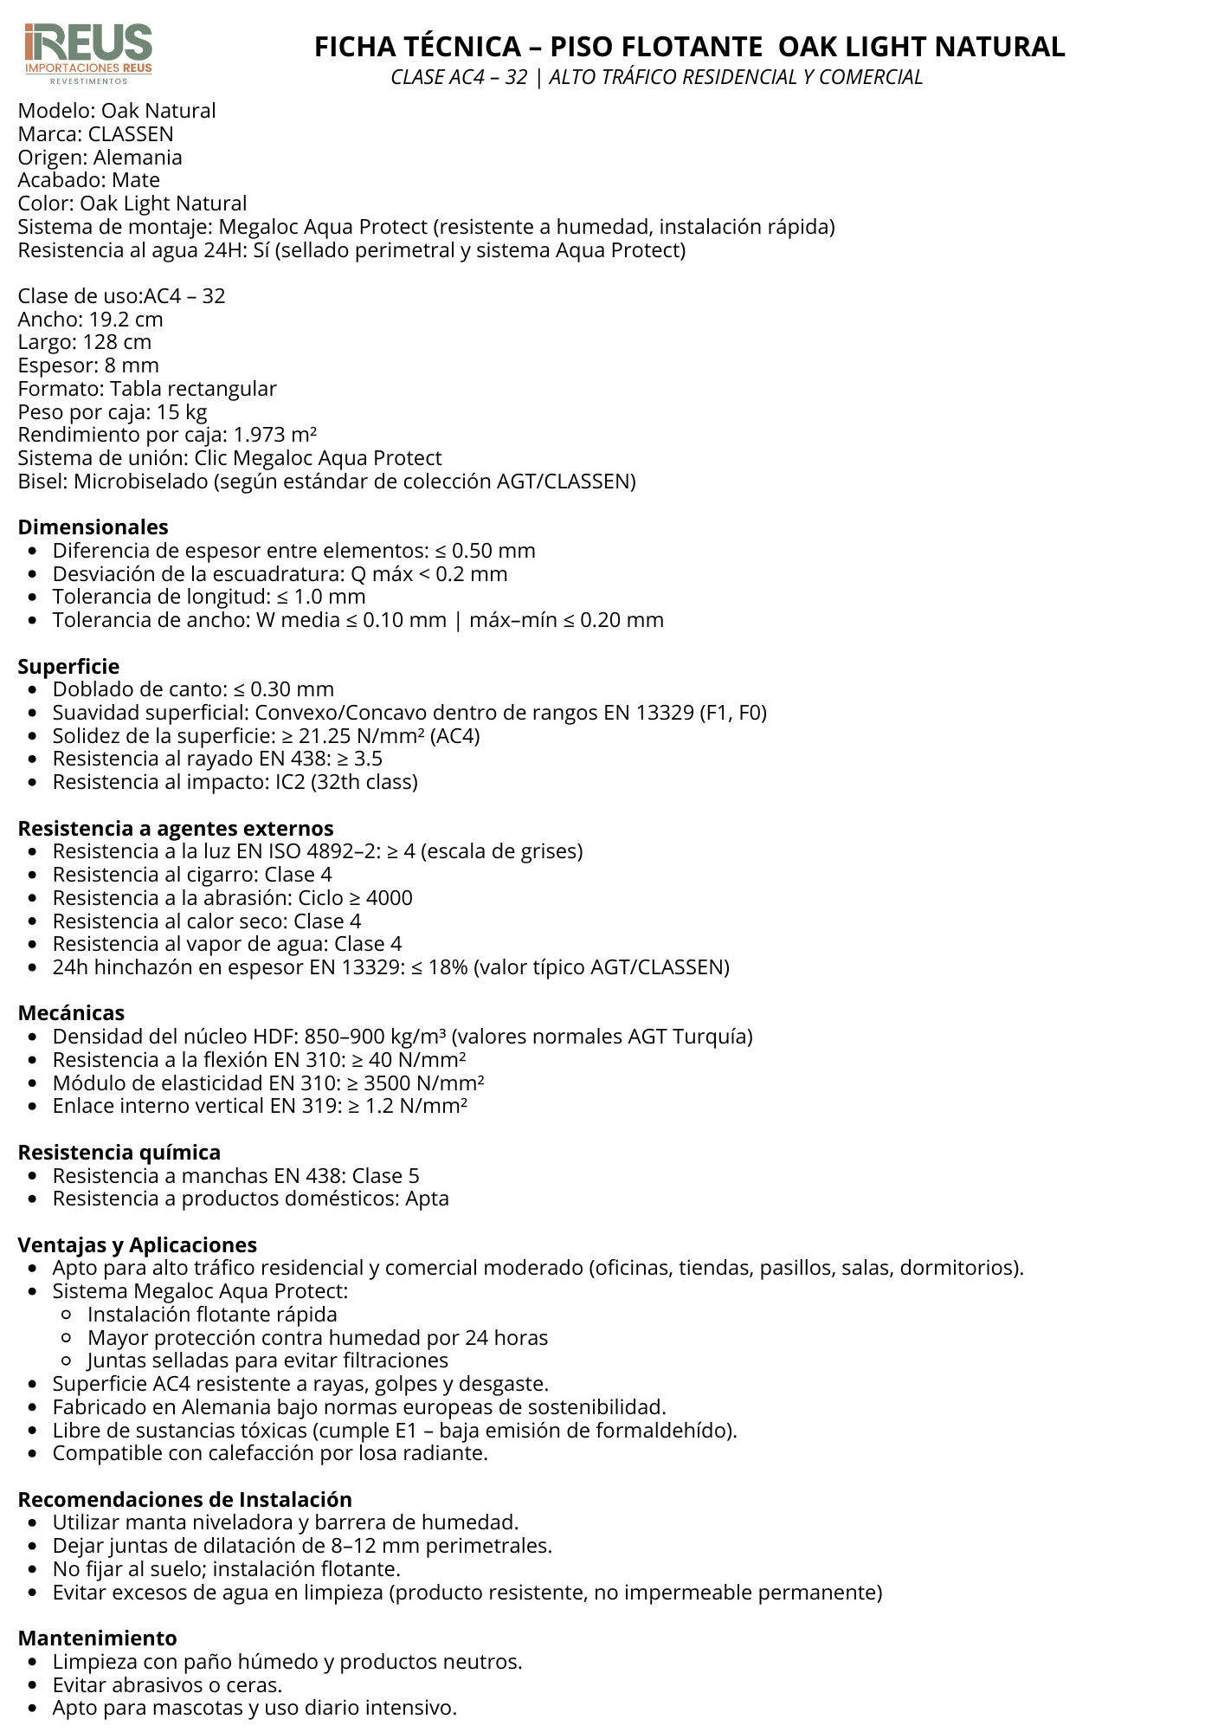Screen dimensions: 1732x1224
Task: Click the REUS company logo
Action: point(88,53)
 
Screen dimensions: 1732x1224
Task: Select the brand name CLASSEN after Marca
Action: point(131,134)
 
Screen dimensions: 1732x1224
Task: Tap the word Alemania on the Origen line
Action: point(138,158)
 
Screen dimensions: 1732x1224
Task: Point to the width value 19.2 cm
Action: point(126,320)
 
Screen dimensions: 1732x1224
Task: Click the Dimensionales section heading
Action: point(93,527)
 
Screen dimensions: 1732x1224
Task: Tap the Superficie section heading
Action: point(68,667)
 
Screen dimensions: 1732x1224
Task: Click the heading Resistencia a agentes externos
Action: point(176,829)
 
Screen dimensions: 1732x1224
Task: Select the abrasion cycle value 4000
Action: point(390,898)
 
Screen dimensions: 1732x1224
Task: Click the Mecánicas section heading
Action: point(71,1013)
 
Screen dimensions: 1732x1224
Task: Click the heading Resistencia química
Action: point(119,1153)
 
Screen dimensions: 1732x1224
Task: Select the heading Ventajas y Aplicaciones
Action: point(138,1245)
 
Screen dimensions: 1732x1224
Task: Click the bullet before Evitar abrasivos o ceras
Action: point(33,1685)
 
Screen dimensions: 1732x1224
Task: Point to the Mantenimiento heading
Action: point(97,1638)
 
